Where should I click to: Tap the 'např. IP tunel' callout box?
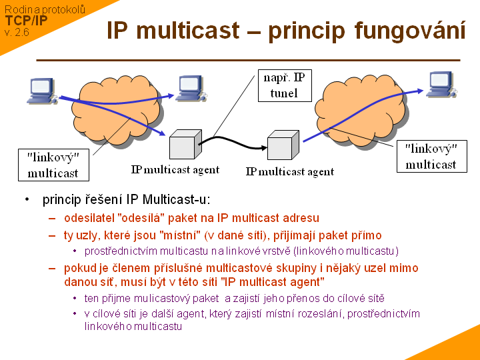[284, 85]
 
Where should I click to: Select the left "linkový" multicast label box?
[53, 165]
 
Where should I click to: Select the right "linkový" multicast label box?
[431, 156]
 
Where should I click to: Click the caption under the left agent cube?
[175, 169]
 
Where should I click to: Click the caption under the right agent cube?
[289, 171]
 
